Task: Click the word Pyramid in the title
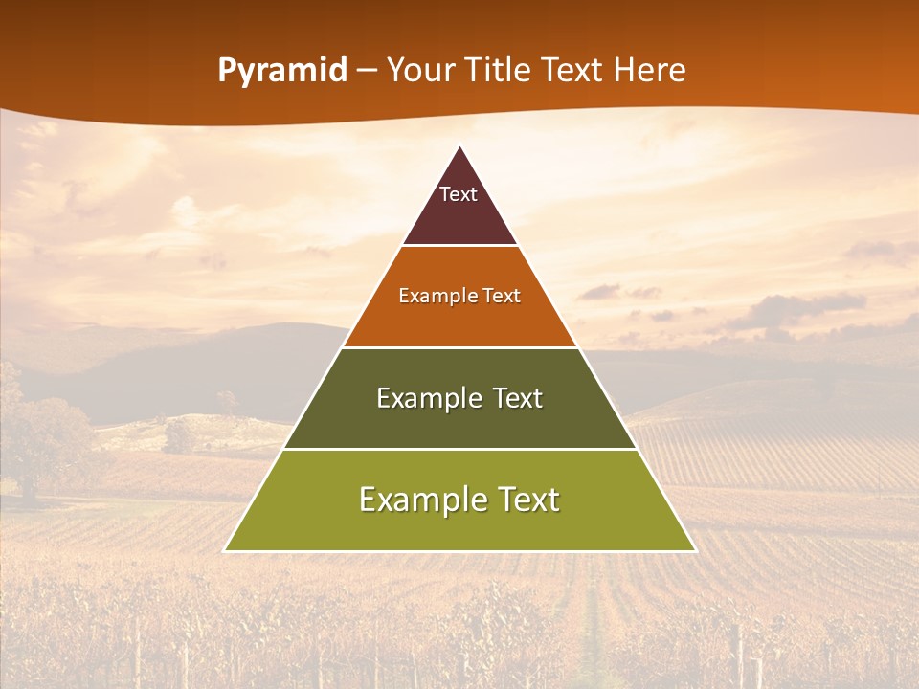[282, 71]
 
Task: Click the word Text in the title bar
[575, 70]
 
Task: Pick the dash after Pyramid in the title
[367, 71]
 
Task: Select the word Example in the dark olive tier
[425, 398]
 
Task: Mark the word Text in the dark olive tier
[518, 398]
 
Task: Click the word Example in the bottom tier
[418, 500]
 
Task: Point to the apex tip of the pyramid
[460, 146]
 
